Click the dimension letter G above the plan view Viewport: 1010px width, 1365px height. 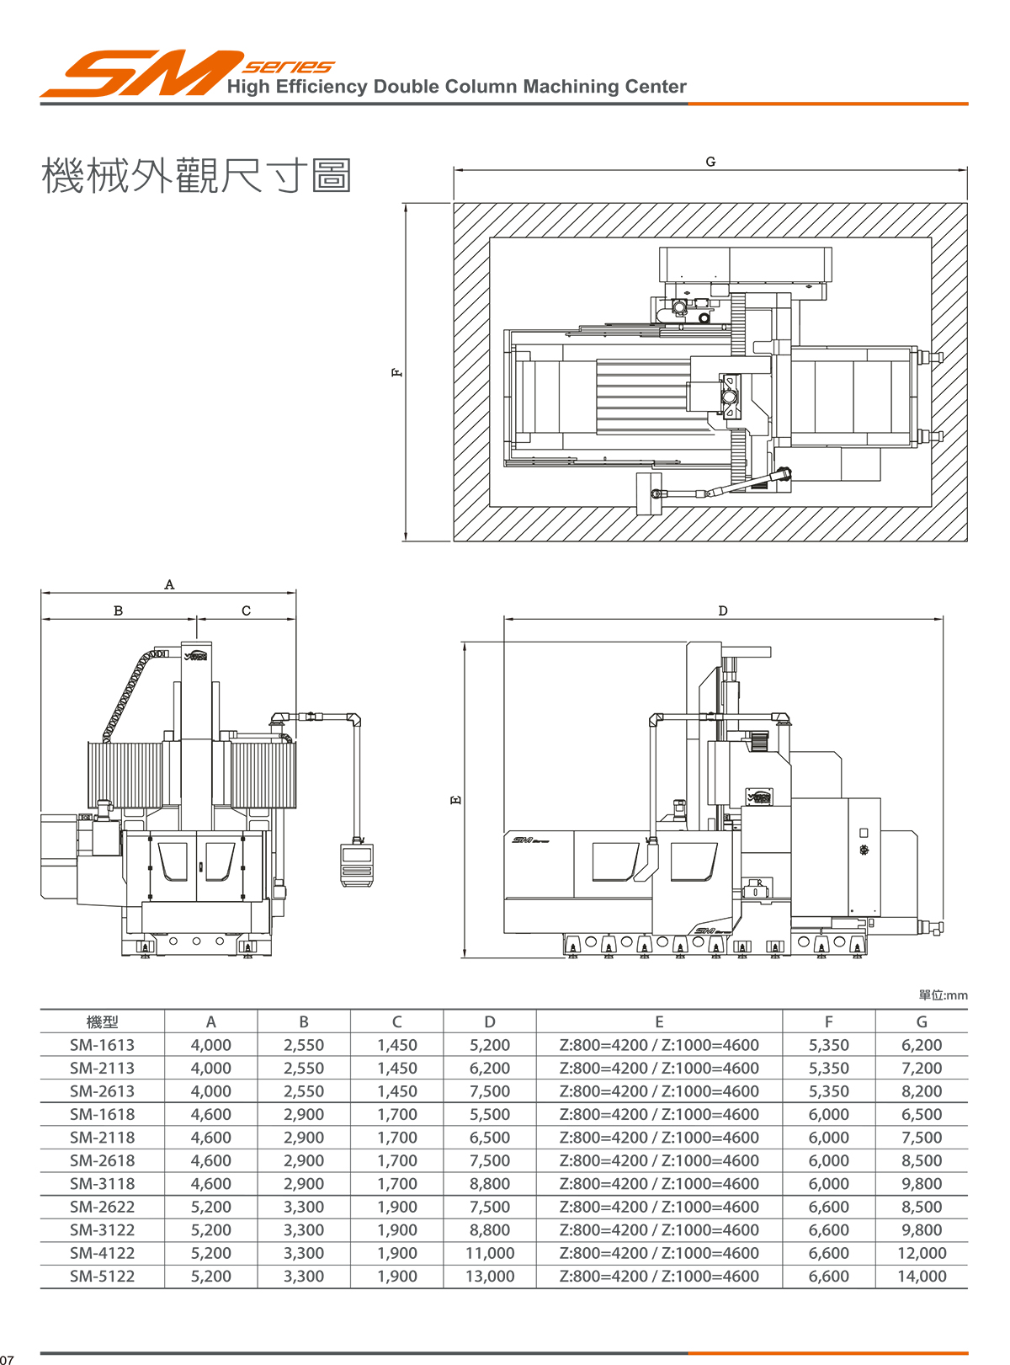[710, 162]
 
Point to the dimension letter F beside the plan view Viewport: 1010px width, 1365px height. [396, 372]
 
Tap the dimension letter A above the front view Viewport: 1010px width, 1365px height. [169, 584]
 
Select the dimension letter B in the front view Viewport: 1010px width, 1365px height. [118, 611]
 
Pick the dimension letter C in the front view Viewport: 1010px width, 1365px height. [246, 611]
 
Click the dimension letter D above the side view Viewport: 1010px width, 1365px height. [722, 611]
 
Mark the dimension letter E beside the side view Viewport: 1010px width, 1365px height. [456, 799]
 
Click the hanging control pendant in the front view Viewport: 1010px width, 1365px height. [357, 864]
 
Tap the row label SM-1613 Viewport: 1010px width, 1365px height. [102, 1045]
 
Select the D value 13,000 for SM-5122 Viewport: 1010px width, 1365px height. [490, 1277]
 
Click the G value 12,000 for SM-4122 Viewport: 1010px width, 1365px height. [922, 1253]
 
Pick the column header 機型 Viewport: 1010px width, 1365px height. [102, 1021]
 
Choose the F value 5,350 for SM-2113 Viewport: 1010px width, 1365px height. [828, 1068]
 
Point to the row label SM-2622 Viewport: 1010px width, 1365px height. [102, 1207]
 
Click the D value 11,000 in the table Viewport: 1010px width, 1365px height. [490, 1253]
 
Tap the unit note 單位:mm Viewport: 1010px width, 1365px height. [943, 995]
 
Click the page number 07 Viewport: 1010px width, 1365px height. [8, 1359]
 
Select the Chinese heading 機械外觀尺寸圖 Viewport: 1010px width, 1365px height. [196, 176]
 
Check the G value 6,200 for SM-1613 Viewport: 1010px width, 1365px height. [922, 1045]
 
